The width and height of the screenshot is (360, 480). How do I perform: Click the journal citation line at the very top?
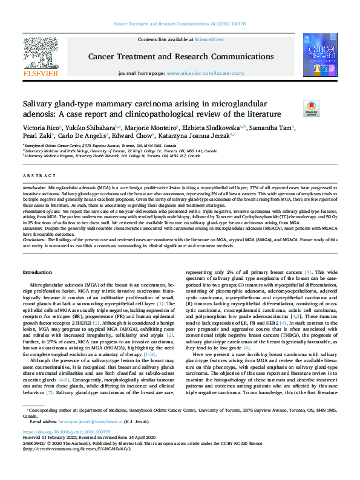[180, 24]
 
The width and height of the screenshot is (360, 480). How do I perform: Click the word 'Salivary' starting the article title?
[38, 104]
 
